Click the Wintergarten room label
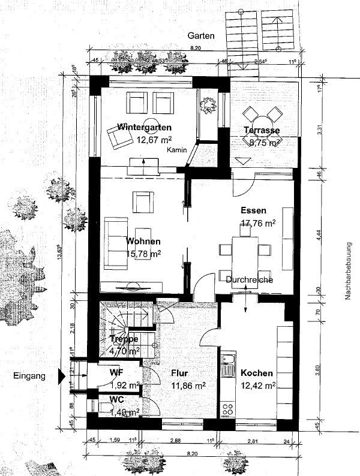(x=145, y=128)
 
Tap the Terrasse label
(x=262, y=131)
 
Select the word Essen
(x=253, y=211)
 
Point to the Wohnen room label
(x=143, y=242)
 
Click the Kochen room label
(x=257, y=373)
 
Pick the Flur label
(x=179, y=372)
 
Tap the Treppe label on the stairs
(x=125, y=339)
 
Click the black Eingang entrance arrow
(x=61, y=376)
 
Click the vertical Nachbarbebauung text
(x=347, y=270)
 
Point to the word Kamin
(x=178, y=150)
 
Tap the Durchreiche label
(x=250, y=280)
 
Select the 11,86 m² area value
(x=188, y=386)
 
